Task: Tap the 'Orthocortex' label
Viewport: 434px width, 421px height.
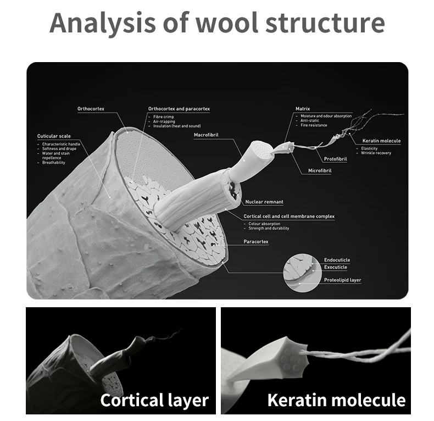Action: pyautogui.click(x=91, y=109)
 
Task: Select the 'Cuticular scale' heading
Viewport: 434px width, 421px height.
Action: pyautogui.click(x=54, y=136)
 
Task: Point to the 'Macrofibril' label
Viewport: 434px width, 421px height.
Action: pyautogui.click(x=207, y=134)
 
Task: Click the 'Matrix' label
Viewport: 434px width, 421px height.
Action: pyautogui.click(x=303, y=109)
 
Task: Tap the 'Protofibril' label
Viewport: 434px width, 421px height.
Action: pyautogui.click(x=335, y=159)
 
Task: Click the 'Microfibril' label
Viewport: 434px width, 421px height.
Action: pyautogui.click(x=320, y=171)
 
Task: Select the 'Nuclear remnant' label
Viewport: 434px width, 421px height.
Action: pyautogui.click(x=264, y=202)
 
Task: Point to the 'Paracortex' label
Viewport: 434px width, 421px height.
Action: pyautogui.click(x=256, y=241)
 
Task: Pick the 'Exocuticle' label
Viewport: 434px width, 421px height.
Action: pyautogui.click(x=336, y=267)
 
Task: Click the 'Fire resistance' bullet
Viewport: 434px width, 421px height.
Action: pyautogui.click(x=314, y=125)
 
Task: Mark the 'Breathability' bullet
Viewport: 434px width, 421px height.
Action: pyautogui.click(x=54, y=163)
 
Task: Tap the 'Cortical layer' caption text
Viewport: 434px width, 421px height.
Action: pyautogui.click(x=154, y=400)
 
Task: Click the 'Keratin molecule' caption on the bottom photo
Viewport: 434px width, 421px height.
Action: pyautogui.click(x=336, y=400)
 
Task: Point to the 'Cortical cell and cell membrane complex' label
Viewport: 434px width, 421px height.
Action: pyautogui.click(x=289, y=217)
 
